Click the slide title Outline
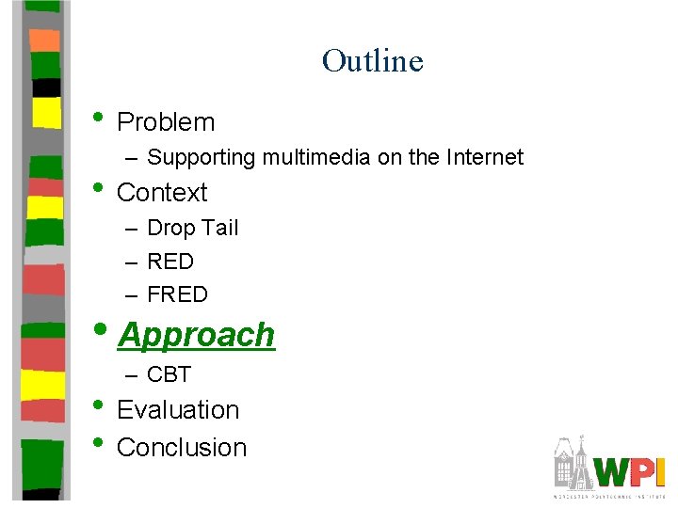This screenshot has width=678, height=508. [372, 61]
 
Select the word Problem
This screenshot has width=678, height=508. [166, 122]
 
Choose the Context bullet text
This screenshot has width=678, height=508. [162, 193]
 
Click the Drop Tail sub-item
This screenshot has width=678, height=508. [192, 228]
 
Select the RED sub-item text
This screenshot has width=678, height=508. [170, 262]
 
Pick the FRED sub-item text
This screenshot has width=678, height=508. [177, 294]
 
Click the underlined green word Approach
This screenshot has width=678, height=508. [197, 335]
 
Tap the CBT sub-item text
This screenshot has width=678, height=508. [169, 374]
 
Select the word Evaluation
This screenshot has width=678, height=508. [178, 410]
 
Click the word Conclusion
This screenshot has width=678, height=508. [182, 448]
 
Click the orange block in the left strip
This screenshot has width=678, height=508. [44, 40]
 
